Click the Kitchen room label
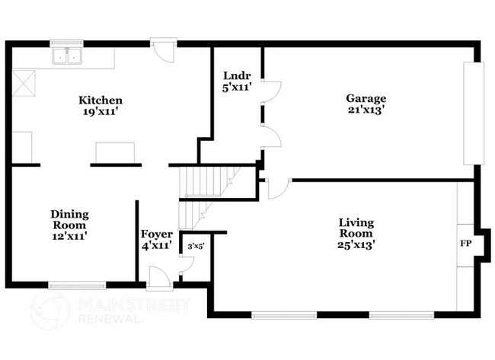coord(101,106)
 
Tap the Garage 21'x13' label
coord(366,104)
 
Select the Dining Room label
coord(69,225)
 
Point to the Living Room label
coord(356,233)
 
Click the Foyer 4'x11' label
coord(157,240)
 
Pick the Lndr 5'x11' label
coord(232,81)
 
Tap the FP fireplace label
coord(464,245)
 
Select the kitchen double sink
coord(67,56)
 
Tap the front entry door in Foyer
coord(159,279)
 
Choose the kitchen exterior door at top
coord(163,49)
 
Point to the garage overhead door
coord(473,113)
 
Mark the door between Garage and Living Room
coord(278,186)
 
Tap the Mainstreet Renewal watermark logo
coord(50,311)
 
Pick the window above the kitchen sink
coord(65,43)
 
